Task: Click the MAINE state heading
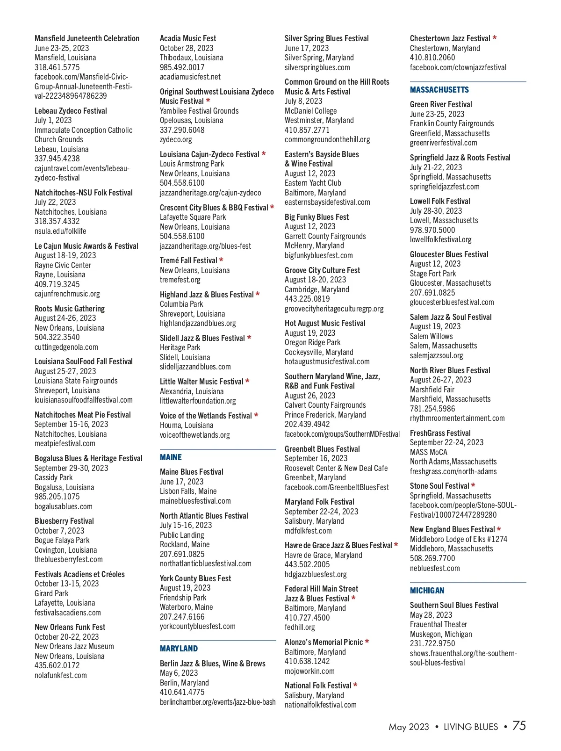pyautogui.click(x=171, y=457)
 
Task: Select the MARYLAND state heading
pyautogui.click(x=179, y=649)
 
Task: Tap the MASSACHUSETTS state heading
pyautogui.click(x=439, y=90)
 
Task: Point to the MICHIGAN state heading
pyautogui.click(x=427, y=591)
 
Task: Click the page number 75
pyautogui.click(x=519, y=726)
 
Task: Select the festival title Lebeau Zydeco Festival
pyautogui.click(x=71, y=111)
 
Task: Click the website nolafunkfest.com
pyautogui.click(x=60, y=675)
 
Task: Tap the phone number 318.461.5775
pyautogui.click(x=57, y=67)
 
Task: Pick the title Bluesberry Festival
pyautogui.click(x=64, y=521)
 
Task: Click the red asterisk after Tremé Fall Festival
pyautogui.click(x=221, y=260)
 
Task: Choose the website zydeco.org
pyautogui.click(x=176, y=139)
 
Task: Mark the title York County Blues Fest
pyautogui.click(x=195, y=578)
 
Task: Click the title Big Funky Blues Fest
pyautogui.click(x=316, y=217)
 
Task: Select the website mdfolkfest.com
pyautogui.click(x=308, y=531)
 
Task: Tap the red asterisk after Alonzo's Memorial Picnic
pyautogui.click(x=367, y=642)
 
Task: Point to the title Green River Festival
pyautogui.click(x=441, y=104)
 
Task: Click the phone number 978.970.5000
pyautogui.click(x=432, y=230)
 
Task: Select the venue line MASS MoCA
pyautogui.click(x=428, y=452)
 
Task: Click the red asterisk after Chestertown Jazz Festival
pyautogui.click(x=495, y=38)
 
